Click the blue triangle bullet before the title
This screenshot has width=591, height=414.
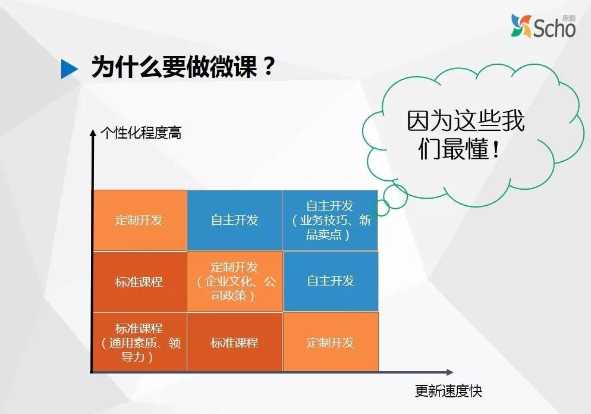click(x=70, y=69)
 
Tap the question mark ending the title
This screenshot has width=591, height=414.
click(x=269, y=67)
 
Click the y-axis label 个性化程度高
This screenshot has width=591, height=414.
click(x=141, y=133)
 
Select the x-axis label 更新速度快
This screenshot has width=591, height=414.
click(x=448, y=391)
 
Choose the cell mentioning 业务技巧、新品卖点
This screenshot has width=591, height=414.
click(x=330, y=220)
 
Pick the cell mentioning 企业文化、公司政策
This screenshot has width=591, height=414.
click(x=235, y=281)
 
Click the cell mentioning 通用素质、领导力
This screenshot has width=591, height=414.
click(x=139, y=343)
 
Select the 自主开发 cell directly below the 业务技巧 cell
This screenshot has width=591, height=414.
click(x=330, y=281)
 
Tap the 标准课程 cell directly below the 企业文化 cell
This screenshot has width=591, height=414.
click(x=235, y=343)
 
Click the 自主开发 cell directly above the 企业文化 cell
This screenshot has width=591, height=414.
click(x=235, y=220)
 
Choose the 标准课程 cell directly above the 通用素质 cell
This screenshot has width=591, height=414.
click(x=139, y=281)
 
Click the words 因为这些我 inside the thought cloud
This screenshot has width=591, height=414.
click(x=466, y=121)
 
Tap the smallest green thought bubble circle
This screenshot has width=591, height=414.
click(x=381, y=208)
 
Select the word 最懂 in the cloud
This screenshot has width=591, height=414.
click(x=463, y=149)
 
